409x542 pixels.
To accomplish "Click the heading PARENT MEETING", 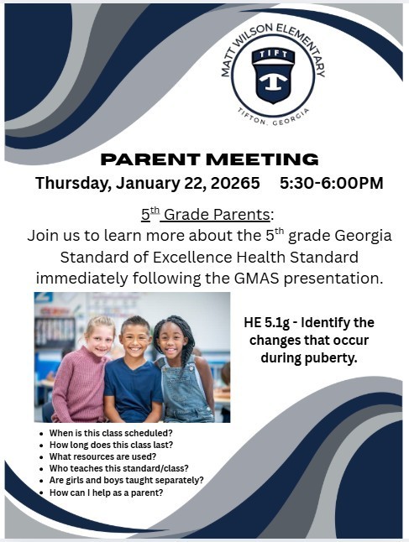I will pyautogui.click(x=209, y=159).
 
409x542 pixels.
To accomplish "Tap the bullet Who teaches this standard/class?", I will pyautogui.click(x=118, y=468).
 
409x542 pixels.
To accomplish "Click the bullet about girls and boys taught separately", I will pyautogui.click(x=127, y=480).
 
